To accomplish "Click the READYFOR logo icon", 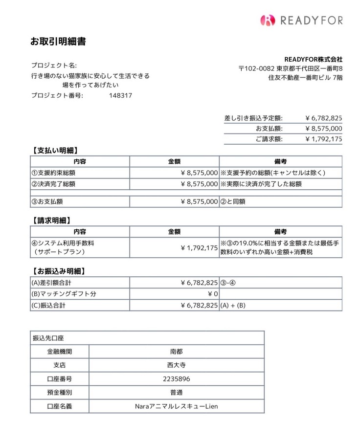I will (x=268, y=20).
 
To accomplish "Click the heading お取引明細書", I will (x=58, y=42).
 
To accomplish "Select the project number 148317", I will (x=120, y=95).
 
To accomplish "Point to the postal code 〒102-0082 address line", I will (x=290, y=68).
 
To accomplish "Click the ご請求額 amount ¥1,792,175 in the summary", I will (x=323, y=139).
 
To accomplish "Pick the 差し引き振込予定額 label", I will (x=253, y=118).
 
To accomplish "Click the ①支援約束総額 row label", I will (x=53, y=173).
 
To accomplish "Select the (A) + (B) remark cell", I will (x=233, y=306).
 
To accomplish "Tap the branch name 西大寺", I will (x=176, y=365).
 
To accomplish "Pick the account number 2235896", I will (x=176, y=378).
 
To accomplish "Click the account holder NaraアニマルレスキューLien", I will (x=176, y=406).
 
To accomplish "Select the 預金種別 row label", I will (x=59, y=392).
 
